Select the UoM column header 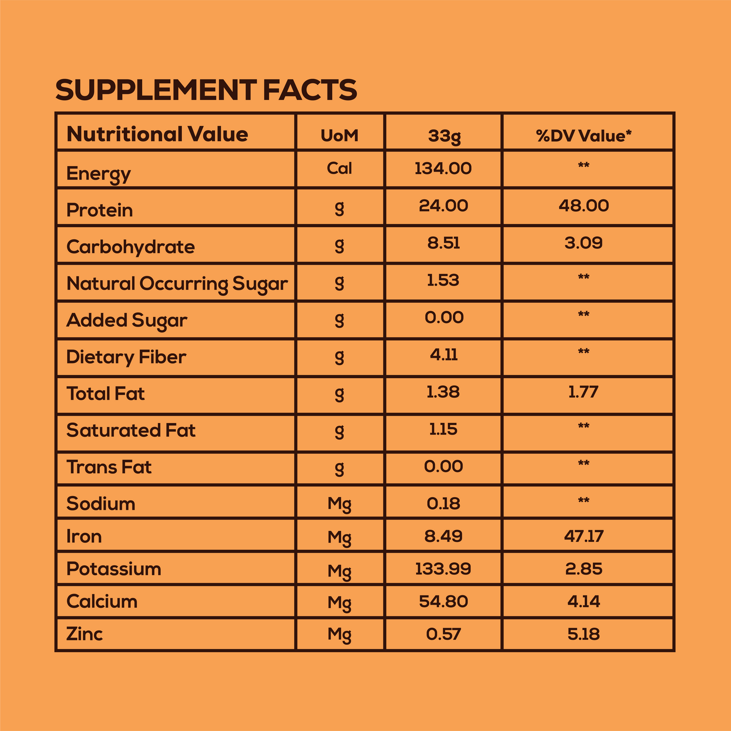click(x=339, y=135)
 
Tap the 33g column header click(x=443, y=136)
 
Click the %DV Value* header click(x=583, y=135)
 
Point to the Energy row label click(x=98, y=174)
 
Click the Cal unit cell click(x=339, y=169)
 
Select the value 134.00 click(x=443, y=169)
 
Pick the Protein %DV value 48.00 click(x=583, y=206)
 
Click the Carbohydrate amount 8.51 click(x=443, y=243)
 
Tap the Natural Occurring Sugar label click(x=177, y=284)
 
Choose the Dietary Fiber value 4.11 click(x=443, y=355)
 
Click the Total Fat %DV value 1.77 click(x=583, y=392)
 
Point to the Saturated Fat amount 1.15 click(x=443, y=429)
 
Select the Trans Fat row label click(x=109, y=467)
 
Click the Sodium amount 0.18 click(x=443, y=503)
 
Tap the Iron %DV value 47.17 click(x=583, y=537)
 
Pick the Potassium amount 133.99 click(x=443, y=569)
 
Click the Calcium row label click(x=102, y=601)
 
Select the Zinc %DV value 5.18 click(x=583, y=634)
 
